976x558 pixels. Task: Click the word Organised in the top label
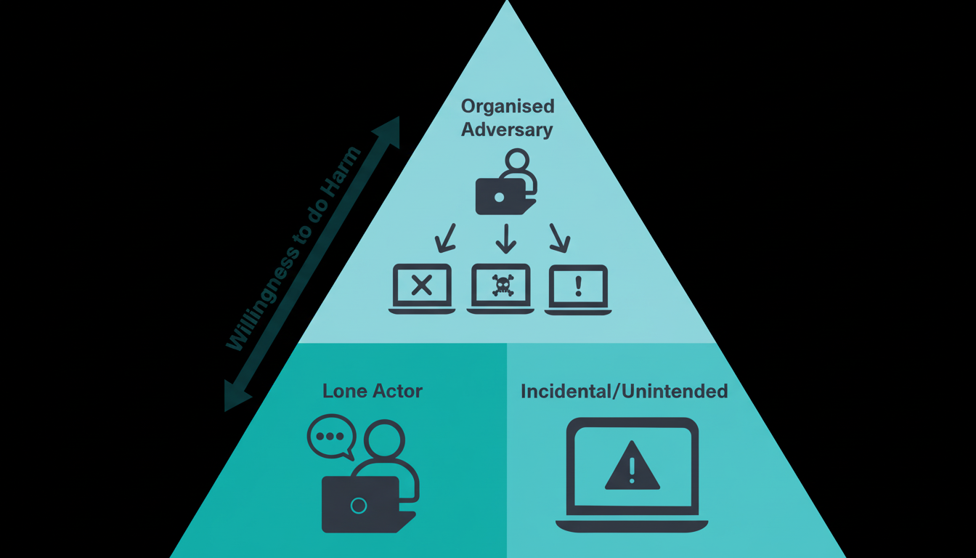(508, 106)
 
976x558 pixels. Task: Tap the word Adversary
(507, 130)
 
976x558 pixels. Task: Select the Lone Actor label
(372, 391)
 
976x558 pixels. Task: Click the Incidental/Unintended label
(624, 392)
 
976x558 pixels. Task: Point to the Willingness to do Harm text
(293, 249)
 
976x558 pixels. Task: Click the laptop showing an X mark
(421, 288)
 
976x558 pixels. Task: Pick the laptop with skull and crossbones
(501, 288)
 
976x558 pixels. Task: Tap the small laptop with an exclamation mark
(578, 288)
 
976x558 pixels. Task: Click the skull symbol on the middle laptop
(502, 284)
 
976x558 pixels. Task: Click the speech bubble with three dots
(331, 437)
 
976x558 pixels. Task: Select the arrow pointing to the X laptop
(445, 236)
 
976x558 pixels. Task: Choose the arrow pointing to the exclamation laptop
(558, 236)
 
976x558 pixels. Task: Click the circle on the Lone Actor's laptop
(358, 505)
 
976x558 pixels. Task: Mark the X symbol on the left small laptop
(421, 286)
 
